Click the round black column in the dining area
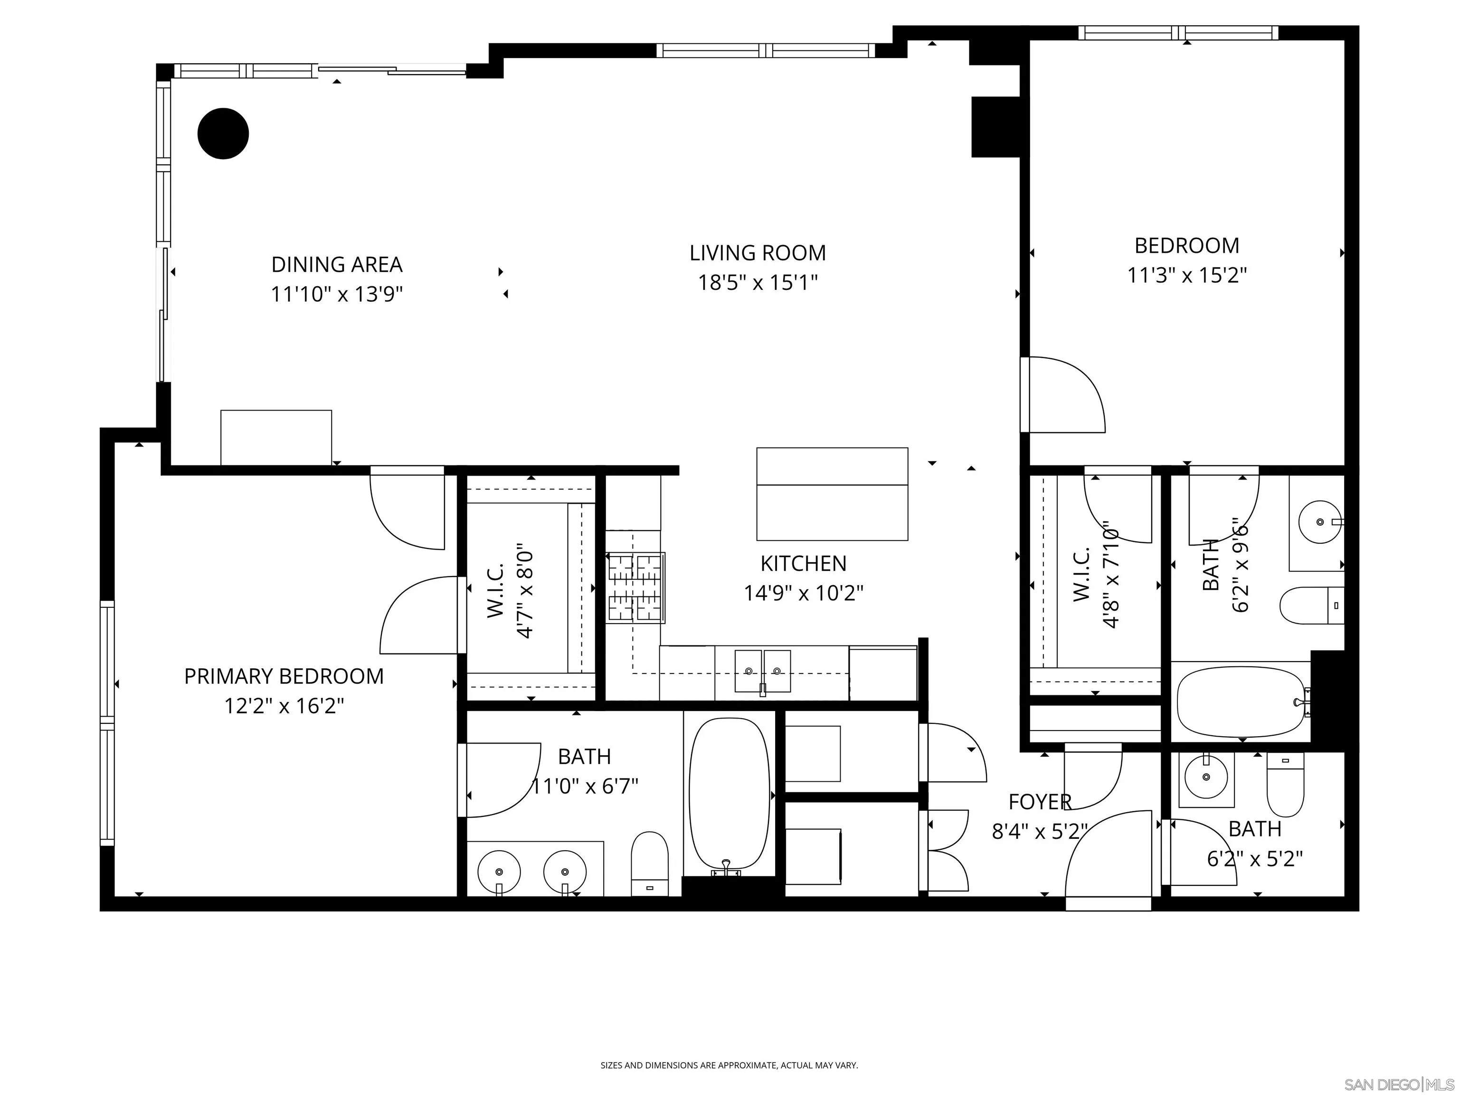click(x=223, y=134)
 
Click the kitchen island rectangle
click(x=832, y=494)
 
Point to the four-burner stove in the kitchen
click(x=635, y=587)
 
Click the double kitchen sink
click(x=762, y=671)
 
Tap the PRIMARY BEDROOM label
click(x=284, y=677)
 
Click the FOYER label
click(x=1040, y=802)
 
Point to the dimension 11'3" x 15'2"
click(x=1186, y=275)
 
